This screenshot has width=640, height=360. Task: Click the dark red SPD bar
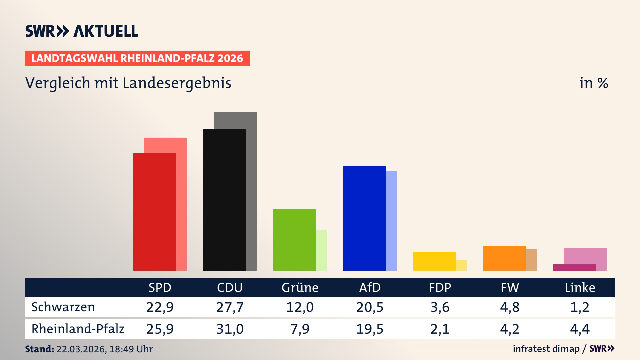pos(154,212)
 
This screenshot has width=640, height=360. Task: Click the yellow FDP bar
pos(434,261)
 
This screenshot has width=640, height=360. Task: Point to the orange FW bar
pos(504,258)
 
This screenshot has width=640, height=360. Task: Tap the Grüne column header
pos(300,287)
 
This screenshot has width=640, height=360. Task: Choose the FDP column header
pos(440,287)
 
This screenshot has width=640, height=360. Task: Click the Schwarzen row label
pos(63,307)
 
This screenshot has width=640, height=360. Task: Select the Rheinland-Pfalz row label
pos(78,329)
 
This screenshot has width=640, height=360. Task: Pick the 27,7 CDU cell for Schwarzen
pos(230,307)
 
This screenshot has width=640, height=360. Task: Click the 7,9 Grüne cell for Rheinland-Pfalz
pos(300,329)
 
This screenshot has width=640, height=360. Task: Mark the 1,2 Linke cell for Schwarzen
pos(580,307)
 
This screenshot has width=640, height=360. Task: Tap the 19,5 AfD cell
pos(370,329)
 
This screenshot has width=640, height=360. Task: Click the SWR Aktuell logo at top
pos(82,31)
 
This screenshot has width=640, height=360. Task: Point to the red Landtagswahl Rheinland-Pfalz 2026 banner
pos(137,58)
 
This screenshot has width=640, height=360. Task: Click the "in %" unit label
pos(593,83)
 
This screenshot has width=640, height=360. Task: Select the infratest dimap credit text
pos(546,349)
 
